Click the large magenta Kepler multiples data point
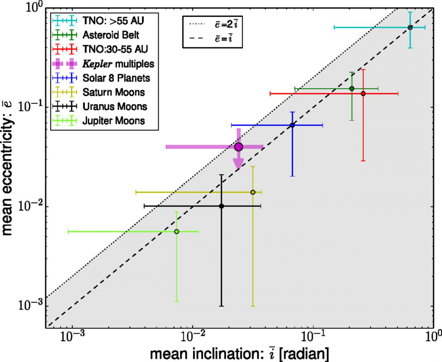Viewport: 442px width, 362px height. tap(238, 147)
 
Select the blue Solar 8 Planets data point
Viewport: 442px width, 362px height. tap(292, 125)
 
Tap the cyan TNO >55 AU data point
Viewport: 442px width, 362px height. tap(410, 28)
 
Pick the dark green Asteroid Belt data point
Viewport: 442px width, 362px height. tap(352, 88)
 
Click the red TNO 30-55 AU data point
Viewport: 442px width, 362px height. tap(363, 94)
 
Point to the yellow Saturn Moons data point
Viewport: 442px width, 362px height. tap(253, 192)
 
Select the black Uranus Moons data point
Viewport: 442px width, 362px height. tap(221, 206)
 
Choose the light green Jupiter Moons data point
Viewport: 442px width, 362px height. tap(177, 232)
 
